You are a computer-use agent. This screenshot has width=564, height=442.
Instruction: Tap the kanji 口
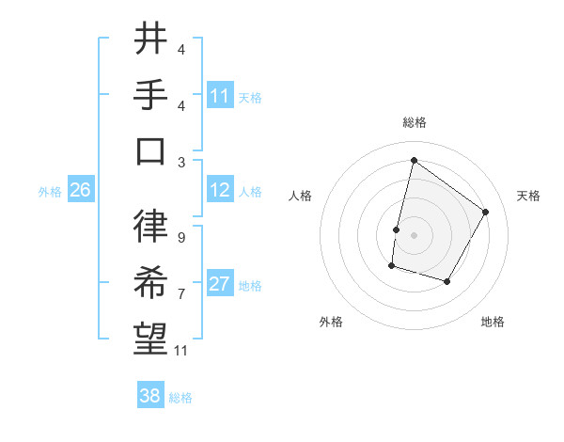[x=150, y=150]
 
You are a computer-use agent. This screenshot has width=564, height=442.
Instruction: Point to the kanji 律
[x=150, y=225]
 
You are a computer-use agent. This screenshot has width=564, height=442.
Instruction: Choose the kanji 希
[x=150, y=282]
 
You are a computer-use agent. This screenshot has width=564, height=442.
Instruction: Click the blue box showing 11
[x=220, y=95]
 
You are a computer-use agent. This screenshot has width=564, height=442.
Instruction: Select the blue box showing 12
[x=220, y=190]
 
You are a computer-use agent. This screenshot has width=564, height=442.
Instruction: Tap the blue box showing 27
[x=220, y=285]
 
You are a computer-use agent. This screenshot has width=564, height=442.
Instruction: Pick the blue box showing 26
[x=80, y=190]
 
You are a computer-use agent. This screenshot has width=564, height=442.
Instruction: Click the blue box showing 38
[x=150, y=396]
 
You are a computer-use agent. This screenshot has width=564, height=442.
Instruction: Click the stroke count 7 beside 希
[x=180, y=293]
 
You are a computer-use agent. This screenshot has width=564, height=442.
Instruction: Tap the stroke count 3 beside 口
[x=180, y=162]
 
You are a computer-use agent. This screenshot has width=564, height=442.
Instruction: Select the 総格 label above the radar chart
[x=414, y=122]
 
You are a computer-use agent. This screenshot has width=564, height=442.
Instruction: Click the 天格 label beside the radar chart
[x=529, y=196]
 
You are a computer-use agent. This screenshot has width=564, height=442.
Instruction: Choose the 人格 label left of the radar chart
[x=300, y=196]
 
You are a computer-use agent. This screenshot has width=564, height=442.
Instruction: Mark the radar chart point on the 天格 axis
[x=486, y=212]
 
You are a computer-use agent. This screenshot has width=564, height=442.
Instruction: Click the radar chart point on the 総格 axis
[x=414, y=160]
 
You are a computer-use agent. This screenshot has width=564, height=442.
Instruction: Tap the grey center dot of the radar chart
[x=414, y=235]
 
